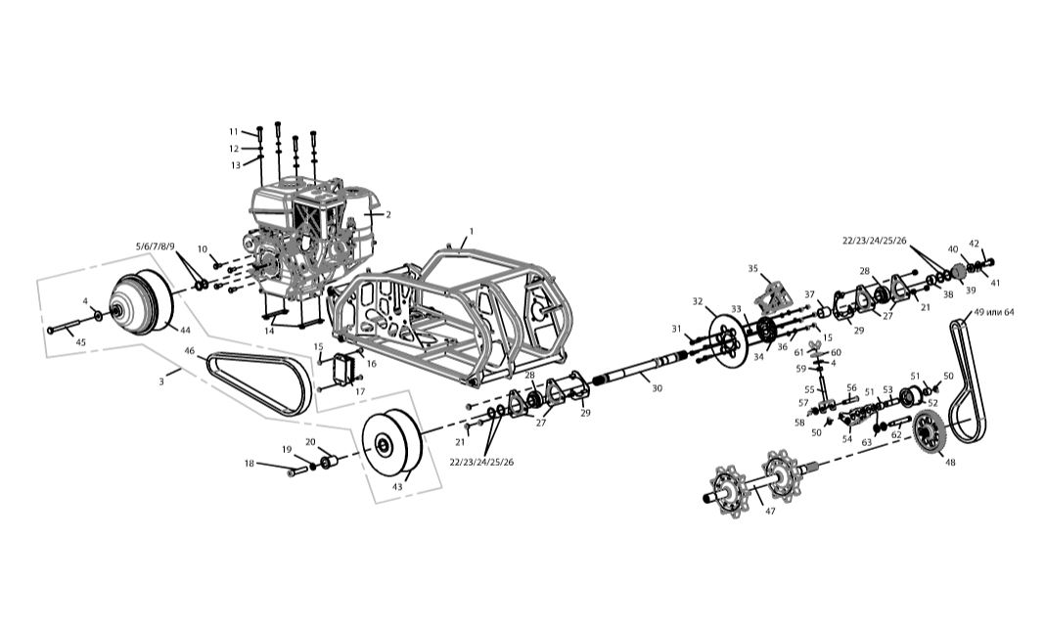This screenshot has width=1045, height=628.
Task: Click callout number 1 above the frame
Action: click(x=472, y=232)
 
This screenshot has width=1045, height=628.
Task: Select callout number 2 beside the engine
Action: click(x=387, y=214)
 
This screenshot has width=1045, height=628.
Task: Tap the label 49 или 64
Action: click(x=994, y=312)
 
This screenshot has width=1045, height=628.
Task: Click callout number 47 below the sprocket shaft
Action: click(x=770, y=512)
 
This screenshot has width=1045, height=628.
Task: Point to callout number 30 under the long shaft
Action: click(x=658, y=388)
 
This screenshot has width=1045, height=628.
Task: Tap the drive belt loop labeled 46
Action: click(x=258, y=381)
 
